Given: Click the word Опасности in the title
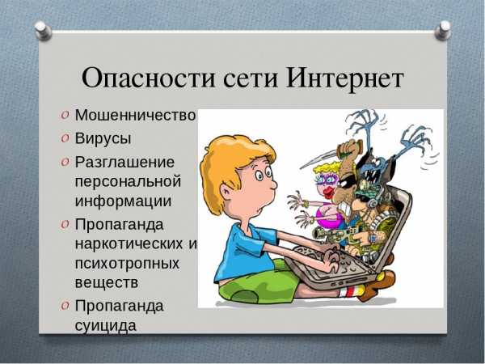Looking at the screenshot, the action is [x=149, y=78].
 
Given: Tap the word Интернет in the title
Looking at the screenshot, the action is [x=345, y=77].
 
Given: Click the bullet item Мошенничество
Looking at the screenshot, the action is [x=136, y=115].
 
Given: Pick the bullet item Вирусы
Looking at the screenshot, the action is [x=103, y=138].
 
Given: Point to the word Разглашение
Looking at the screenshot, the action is [x=124, y=163].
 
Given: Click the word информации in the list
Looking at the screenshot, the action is [x=123, y=201].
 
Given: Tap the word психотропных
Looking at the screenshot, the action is [x=127, y=264].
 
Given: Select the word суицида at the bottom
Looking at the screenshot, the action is [x=105, y=325].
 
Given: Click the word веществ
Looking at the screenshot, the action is [x=107, y=282].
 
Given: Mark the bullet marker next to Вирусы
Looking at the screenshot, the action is [x=65, y=138].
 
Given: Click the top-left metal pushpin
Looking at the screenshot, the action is [x=43, y=31].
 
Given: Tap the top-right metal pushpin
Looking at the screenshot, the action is [x=443, y=31].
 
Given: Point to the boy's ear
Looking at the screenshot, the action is [x=226, y=192].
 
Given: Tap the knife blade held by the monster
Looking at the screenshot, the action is [x=318, y=160].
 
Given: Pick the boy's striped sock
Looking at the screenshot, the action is [x=352, y=291].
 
